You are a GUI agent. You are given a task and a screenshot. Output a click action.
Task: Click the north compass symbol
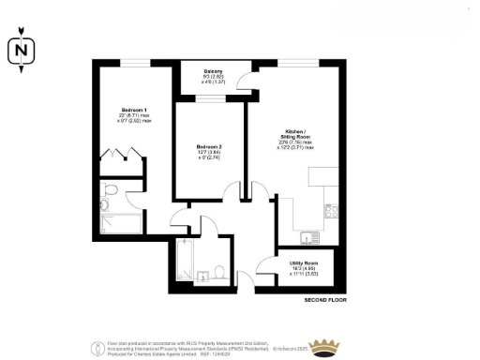point(21,51)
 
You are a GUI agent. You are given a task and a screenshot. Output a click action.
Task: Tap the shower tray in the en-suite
point(120,223)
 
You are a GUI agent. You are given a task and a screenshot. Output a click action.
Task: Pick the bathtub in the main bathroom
point(182,264)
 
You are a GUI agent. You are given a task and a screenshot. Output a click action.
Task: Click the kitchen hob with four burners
point(328,212)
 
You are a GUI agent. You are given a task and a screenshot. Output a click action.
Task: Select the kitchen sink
point(311,235)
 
